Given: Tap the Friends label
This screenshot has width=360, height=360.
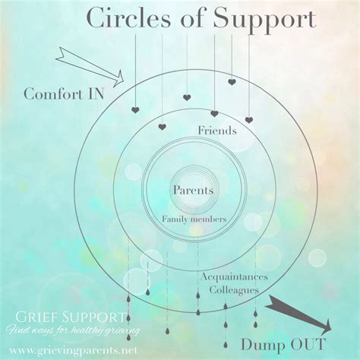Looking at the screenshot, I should coord(216,131).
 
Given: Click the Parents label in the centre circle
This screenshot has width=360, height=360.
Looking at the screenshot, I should coord(192,191).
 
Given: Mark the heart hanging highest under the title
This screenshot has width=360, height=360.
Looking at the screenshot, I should coord(232,82).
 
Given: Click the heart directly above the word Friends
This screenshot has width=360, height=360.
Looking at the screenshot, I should coord(214,114).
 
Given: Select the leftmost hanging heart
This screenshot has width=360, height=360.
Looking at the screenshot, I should coord(134,110).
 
